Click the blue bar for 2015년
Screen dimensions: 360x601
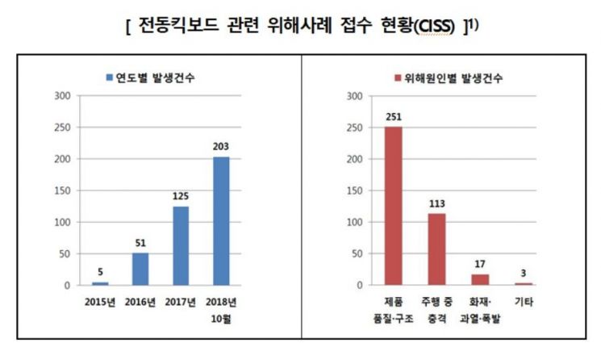pos(100,283)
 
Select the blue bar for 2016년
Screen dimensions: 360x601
pos(140,269)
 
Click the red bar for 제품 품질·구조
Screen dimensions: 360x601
pos(394,206)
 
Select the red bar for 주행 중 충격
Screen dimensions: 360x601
pos(437,249)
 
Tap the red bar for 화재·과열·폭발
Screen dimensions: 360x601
pos(480,279)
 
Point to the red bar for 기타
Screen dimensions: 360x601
pos(524,283)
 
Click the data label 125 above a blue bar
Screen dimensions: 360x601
pos(182,195)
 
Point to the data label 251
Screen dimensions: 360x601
pos(394,116)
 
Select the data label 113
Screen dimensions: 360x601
pos(437,203)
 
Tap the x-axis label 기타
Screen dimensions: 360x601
pos(524,301)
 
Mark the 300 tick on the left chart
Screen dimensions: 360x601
pos(64,95)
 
